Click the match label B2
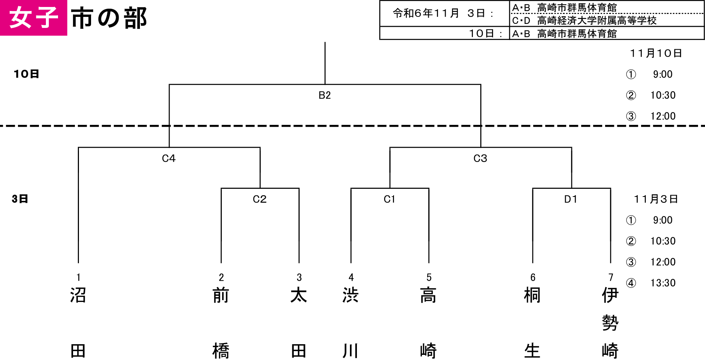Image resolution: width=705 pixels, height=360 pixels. (x=325, y=96)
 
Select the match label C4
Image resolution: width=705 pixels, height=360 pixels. (x=169, y=158)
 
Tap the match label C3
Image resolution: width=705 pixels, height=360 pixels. (x=480, y=158)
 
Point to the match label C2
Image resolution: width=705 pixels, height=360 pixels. (x=260, y=199)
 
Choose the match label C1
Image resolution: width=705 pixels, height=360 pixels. (x=389, y=199)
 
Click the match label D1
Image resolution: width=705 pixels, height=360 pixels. (x=571, y=199)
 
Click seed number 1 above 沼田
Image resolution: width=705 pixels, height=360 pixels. (x=79, y=277)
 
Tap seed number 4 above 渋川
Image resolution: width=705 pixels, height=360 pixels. (x=351, y=277)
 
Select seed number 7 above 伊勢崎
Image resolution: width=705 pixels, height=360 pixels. (x=611, y=277)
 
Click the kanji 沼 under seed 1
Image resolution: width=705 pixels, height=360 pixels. (x=78, y=295)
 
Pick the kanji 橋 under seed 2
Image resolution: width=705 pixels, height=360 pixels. (x=221, y=351)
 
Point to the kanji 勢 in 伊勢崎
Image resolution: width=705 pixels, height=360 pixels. (x=610, y=323)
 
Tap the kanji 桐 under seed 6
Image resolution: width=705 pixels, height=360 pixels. (x=532, y=295)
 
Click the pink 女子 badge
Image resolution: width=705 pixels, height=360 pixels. (x=33, y=18)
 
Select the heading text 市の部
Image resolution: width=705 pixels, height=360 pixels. (x=109, y=18)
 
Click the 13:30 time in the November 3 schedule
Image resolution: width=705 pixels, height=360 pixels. (x=663, y=283)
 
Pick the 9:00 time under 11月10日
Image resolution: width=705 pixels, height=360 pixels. (x=663, y=74)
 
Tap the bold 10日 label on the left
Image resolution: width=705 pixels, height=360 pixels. (x=26, y=74)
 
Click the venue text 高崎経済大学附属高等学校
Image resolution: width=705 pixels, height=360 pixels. (x=597, y=21)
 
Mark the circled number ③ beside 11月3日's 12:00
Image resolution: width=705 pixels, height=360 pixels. (x=631, y=262)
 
